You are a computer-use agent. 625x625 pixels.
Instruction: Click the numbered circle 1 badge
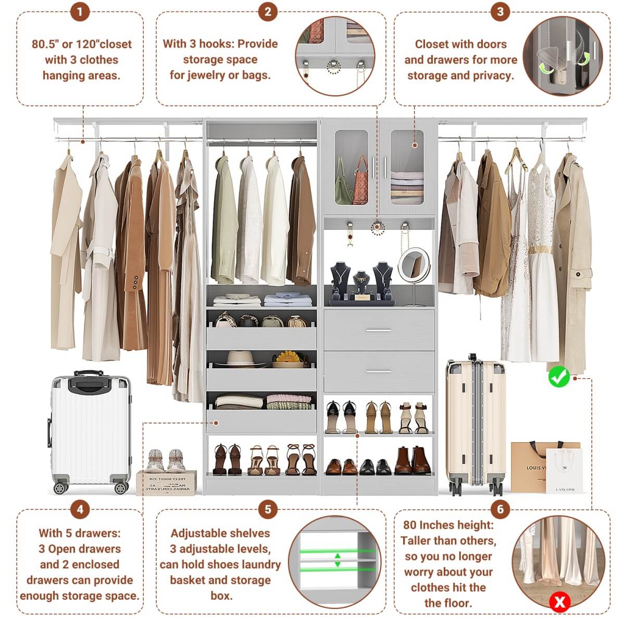[x=80, y=11]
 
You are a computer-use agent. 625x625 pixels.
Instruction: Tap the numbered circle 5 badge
[x=268, y=509]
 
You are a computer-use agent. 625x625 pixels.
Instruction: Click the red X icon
[x=560, y=603]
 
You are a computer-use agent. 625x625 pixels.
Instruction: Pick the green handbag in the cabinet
[x=344, y=185]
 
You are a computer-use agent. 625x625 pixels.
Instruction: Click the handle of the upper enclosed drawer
[x=379, y=330]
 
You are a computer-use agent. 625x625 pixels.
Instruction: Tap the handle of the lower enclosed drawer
[x=379, y=371]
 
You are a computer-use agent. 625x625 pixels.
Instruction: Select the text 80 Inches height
[x=448, y=525]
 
